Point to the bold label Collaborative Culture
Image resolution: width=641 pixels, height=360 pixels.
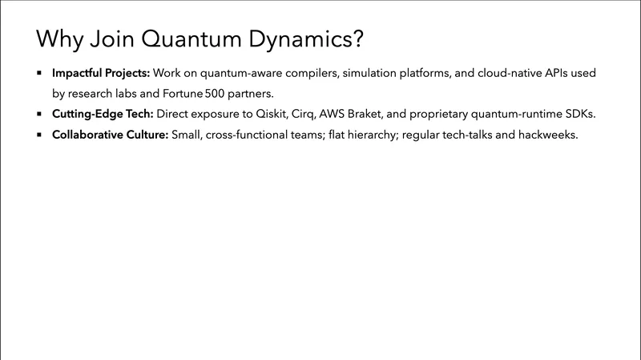click(x=110, y=135)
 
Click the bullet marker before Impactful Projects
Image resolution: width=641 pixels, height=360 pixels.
click(x=38, y=73)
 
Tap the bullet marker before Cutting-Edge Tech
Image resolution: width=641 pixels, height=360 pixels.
click(x=38, y=114)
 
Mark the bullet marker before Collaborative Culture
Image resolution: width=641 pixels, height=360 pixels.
click(x=38, y=135)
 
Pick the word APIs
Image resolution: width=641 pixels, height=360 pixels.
click(x=533, y=73)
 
